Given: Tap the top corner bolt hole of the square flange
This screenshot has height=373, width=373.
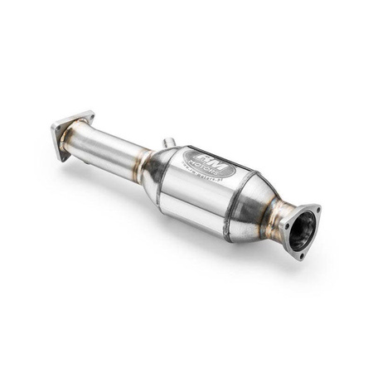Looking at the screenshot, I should (87, 115).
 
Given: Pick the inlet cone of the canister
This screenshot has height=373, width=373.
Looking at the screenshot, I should (157, 170).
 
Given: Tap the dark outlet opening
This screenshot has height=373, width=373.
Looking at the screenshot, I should (304, 227).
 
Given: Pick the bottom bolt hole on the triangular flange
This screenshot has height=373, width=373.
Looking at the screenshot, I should (300, 254).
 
